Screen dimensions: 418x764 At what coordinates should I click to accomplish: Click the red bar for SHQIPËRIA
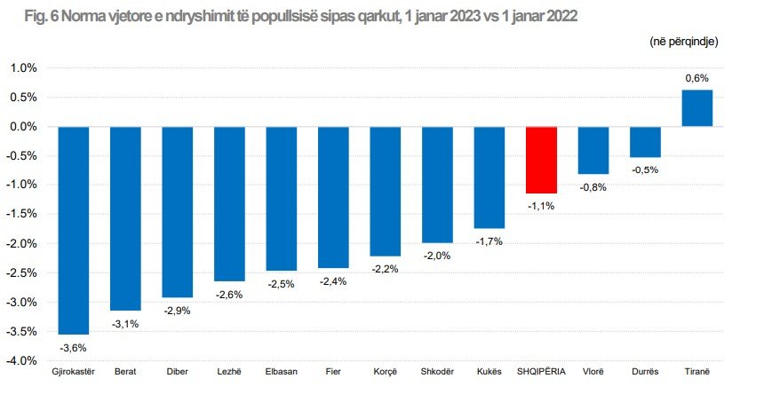[541, 160]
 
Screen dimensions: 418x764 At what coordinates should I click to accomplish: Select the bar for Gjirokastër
[74, 230]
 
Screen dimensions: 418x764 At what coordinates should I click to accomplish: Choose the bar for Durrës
[645, 142]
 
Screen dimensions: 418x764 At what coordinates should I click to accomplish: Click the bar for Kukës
[489, 177]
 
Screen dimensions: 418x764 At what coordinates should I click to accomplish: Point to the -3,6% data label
[74, 346]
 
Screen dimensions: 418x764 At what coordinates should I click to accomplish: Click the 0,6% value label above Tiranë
[697, 78]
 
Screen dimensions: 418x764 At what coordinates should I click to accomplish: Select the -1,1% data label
[541, 206]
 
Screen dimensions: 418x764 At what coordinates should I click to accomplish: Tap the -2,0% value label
[437, 256]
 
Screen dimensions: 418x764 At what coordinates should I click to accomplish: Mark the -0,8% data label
[593, 186]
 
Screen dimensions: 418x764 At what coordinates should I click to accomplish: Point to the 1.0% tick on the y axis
[24, 68]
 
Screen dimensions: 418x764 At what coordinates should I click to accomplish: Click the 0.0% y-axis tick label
[24, 127]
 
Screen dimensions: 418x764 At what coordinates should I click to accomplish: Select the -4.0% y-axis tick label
[22, 360]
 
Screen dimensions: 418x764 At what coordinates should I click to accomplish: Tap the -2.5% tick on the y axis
[22, 272]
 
